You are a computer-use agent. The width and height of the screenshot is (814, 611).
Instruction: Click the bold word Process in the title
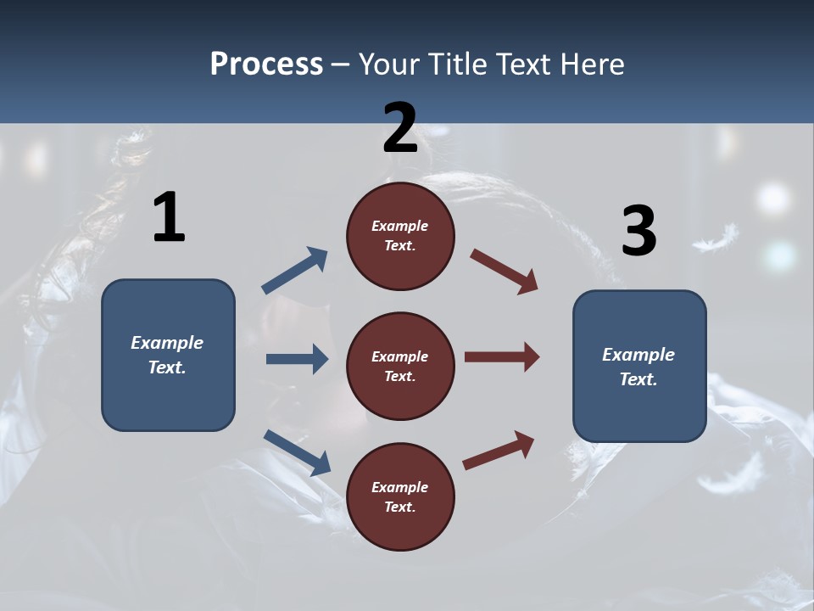pyautogui.click(x=266, y=64)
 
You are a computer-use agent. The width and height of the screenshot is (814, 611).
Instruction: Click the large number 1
pyautogui.click(x=169, y=218)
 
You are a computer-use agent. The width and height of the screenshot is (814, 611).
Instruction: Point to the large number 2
pyautogui.click(x=400, y=128)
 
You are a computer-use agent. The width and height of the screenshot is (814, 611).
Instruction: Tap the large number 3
pyautogui.click(x=638, y=231)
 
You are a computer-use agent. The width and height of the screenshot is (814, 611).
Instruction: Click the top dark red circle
pyautogui.click(x=400, y=236)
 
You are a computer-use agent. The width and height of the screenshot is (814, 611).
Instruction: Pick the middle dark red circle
pyautogui.click(x=400, y=366)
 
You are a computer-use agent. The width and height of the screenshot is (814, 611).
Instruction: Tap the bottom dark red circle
pyautogui.click(x=400, y=496)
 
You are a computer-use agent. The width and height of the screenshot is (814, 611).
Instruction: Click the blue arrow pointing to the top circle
pyautogui.click(x=295, y=271)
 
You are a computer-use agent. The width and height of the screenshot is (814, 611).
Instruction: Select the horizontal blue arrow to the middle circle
pyautogui.click(x=297, y=359)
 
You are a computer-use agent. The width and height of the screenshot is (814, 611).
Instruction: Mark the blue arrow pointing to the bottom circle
pyautogui.click(x=297, y=451)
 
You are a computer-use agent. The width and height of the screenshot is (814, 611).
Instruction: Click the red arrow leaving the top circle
pyautogui.click(x=505, y=272)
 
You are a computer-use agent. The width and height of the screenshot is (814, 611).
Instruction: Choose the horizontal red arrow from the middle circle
pyautogui.click(x=502, y=357)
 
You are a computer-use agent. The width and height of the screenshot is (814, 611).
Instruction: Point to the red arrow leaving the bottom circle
pyautogui.click(x=499, y=450)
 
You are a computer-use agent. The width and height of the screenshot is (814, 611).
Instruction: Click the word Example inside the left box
pyautogui.click(x=167, y=343)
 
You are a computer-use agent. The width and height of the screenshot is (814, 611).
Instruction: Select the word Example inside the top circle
pyautogui.click(x=400, y=226)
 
